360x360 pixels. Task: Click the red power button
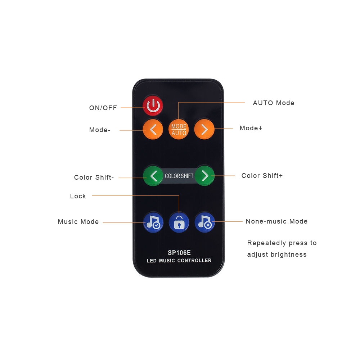[153, 105]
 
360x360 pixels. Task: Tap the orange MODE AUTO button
[179, 130]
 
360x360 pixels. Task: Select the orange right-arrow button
[204, 129]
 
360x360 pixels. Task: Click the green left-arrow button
[153, 176]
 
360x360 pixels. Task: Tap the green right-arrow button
[205, 176]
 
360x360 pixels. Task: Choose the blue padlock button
[179, 222]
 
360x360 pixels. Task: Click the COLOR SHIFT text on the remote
[179, 176]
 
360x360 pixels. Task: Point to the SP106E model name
[179, 253]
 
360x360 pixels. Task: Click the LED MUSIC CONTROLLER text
[179, 260]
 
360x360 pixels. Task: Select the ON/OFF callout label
[103, 108]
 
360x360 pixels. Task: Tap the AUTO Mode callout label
[274, 103]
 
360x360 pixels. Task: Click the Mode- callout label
[100, 130]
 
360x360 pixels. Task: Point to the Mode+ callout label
[251, 128]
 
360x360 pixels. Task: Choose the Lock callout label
[78, 196]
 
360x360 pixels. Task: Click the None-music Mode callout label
[276, 221]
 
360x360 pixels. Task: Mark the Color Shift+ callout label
[262, 176]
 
